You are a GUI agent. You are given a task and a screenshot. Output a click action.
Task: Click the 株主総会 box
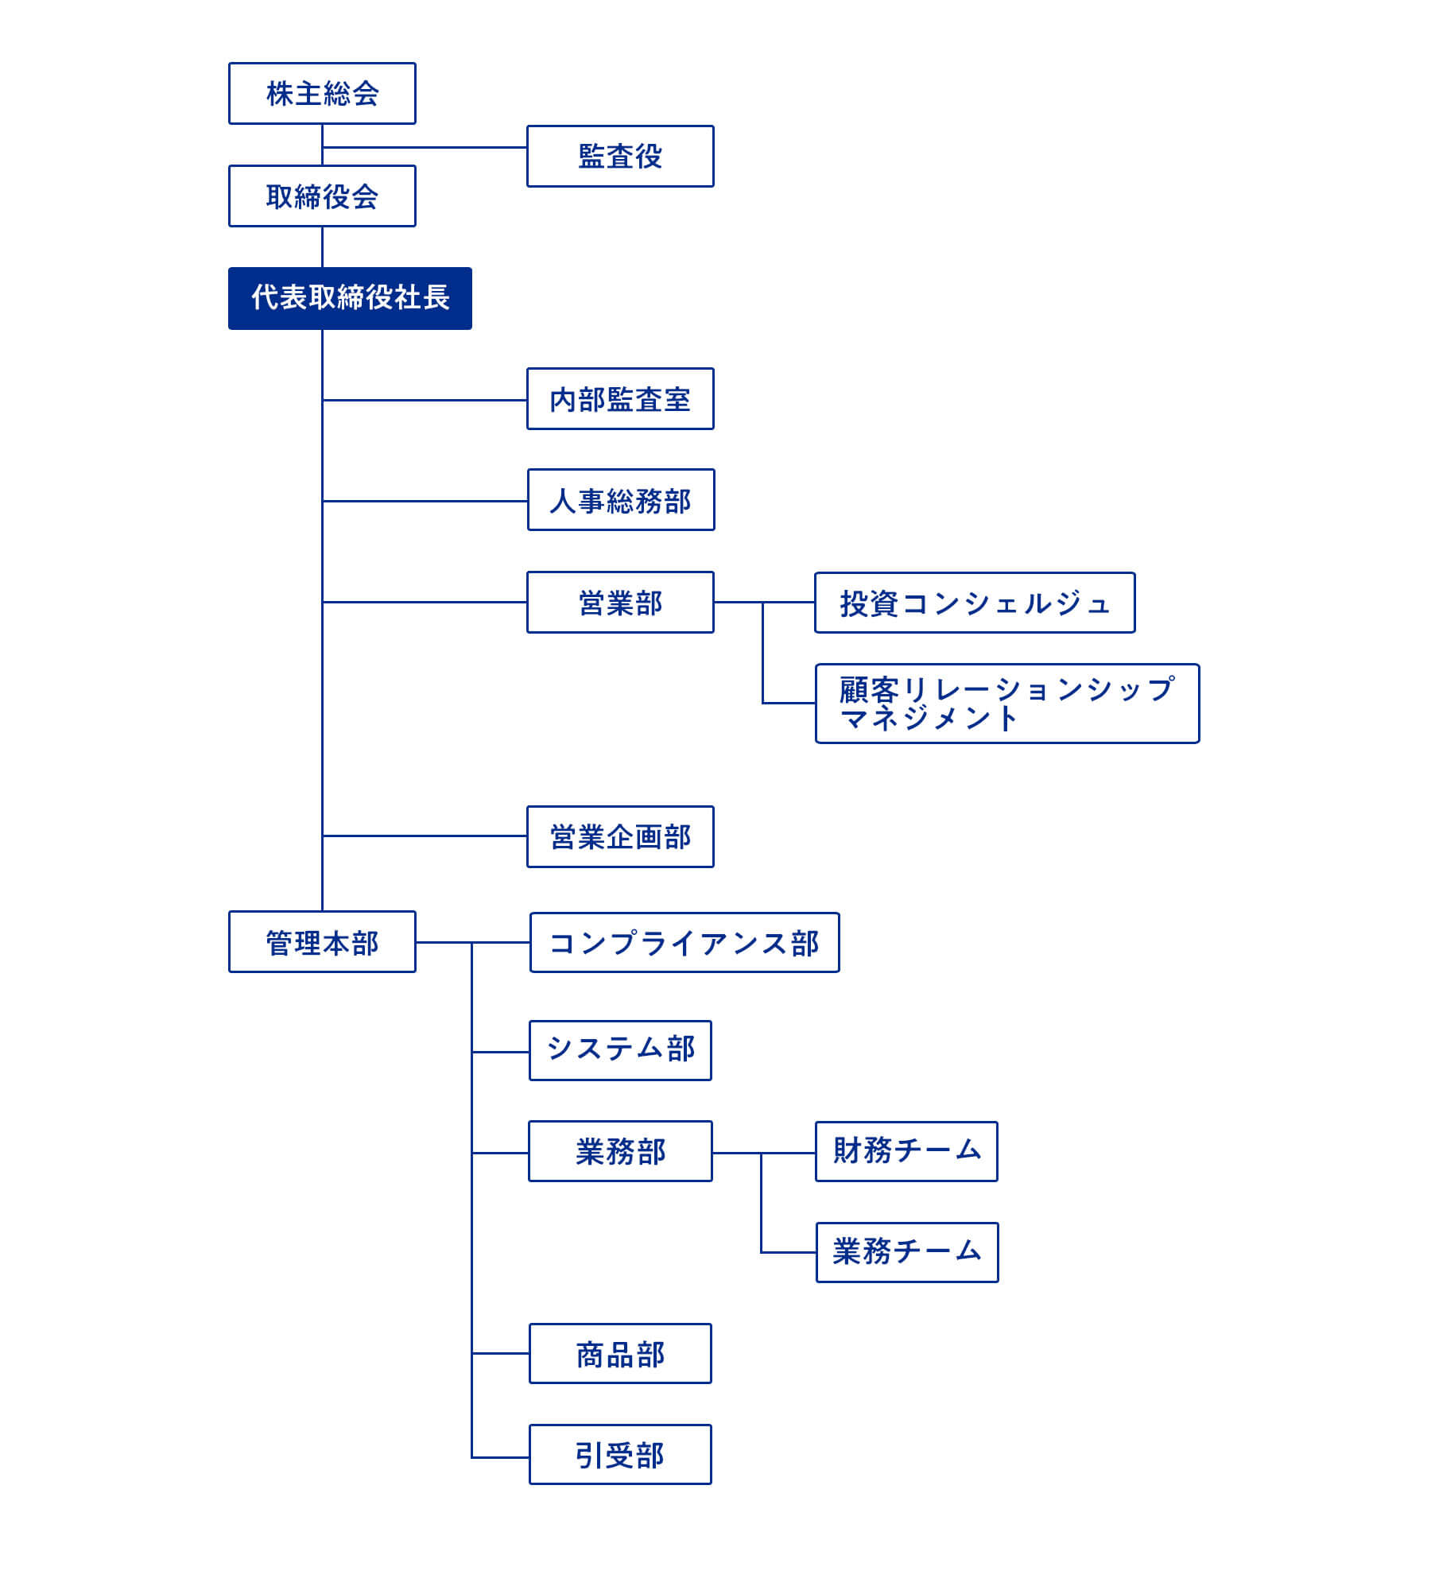[322, 93]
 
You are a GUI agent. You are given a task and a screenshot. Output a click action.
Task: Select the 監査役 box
[620, 156]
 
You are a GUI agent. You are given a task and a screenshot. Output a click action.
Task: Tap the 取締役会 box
[322, 196]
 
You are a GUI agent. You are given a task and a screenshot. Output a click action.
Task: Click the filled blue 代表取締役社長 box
[350, 298]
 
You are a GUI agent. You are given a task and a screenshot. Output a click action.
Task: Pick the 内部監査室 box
[620, 398]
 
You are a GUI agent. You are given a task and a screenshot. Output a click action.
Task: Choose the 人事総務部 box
[621, 499]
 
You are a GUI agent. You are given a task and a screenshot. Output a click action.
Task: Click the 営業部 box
[620, 602]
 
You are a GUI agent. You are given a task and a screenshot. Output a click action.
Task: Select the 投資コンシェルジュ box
[975, 603]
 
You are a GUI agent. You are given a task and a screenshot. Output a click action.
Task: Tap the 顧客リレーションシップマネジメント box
[1007, 704]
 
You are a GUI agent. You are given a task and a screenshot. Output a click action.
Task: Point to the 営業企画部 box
[620, 836]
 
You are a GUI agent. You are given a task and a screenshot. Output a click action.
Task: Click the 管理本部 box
[322, 941]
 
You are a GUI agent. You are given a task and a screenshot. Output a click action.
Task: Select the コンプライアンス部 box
[684, 942]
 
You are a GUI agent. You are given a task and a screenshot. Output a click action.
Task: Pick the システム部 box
[620, 1050]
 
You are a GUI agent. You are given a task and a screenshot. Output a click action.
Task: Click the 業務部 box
[620, 1151]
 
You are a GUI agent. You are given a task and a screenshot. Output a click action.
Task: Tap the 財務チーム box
[906, 1151]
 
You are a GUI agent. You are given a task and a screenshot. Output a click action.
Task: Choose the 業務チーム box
[907, 1252]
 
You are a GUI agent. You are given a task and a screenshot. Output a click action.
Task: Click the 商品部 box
[620, 1353]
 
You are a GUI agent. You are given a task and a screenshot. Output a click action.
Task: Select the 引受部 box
[620, 1454]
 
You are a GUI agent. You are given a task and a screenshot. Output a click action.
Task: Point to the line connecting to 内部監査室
[425, 400]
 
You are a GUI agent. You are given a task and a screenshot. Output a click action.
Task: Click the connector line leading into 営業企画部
[425, 836]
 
